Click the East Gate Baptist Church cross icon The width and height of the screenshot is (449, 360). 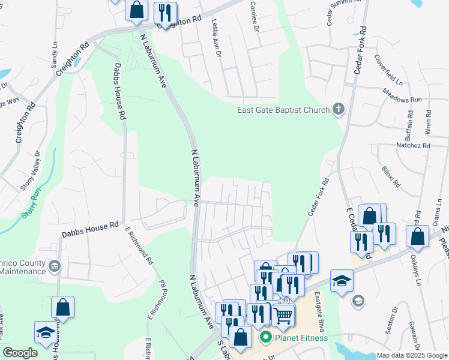click(339, 109)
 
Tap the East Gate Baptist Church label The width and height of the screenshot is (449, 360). click(283, 110)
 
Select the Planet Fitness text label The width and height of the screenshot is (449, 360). click(301, 338)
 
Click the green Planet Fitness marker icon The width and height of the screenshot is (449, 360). click(265, 338)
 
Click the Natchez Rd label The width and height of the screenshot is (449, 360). click(414, 145)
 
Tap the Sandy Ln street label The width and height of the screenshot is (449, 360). click(55, 54)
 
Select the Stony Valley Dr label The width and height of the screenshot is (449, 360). click(29, 171)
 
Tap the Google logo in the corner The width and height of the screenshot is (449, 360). click(20, 353)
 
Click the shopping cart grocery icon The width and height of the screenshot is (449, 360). click(283, 314)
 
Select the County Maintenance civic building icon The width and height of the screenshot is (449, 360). click(55, 265)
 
